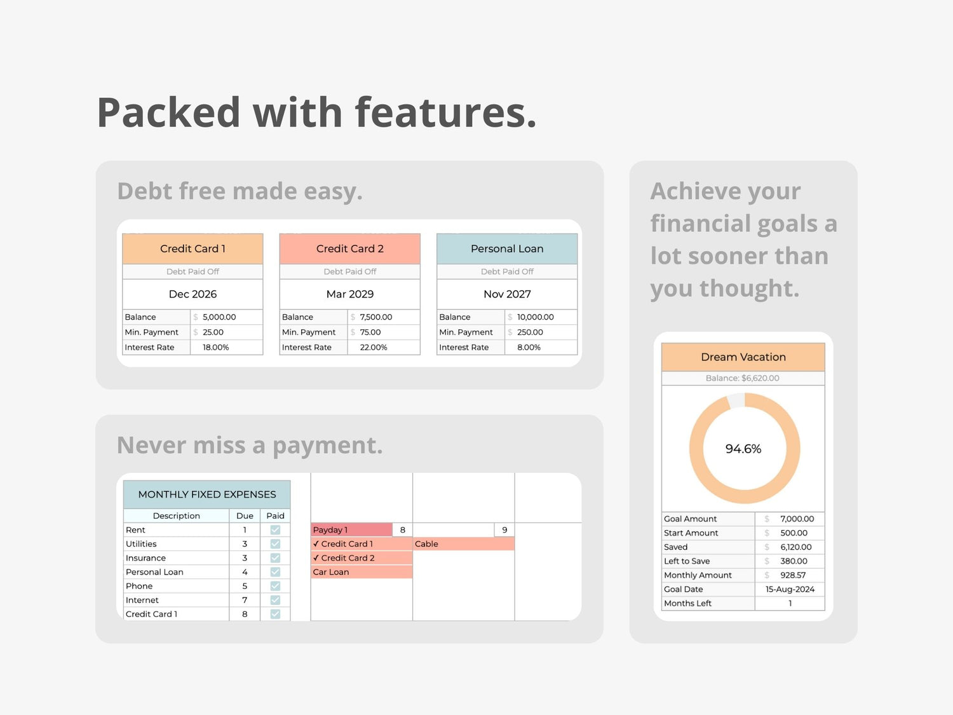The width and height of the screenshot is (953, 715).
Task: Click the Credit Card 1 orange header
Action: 193,249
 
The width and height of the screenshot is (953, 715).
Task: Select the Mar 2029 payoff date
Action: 350,294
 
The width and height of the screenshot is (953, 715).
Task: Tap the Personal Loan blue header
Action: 507,249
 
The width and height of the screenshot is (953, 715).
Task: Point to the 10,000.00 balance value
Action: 536,317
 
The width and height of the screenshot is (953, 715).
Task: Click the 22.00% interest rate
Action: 374,347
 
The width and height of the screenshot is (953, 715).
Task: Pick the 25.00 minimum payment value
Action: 213,332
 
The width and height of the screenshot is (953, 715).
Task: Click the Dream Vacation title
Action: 743,357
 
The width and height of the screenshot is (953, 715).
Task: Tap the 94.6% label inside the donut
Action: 743,449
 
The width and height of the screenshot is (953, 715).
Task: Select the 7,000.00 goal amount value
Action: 797,519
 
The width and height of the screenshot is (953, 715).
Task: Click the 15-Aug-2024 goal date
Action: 790,589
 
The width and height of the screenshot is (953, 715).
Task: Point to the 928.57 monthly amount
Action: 793,575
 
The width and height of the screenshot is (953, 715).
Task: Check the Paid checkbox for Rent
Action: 275,529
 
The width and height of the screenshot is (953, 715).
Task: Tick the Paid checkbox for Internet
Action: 275,600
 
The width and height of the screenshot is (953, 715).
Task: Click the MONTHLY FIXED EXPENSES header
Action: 207,494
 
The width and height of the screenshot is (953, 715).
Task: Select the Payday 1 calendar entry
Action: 352,529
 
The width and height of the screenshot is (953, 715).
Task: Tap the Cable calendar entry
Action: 464,543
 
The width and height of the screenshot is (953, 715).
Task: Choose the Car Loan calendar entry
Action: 362,572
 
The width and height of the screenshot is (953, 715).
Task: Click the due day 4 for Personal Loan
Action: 245,572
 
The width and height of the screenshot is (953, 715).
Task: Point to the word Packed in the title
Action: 168,112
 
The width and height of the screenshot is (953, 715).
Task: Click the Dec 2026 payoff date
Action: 193,294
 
